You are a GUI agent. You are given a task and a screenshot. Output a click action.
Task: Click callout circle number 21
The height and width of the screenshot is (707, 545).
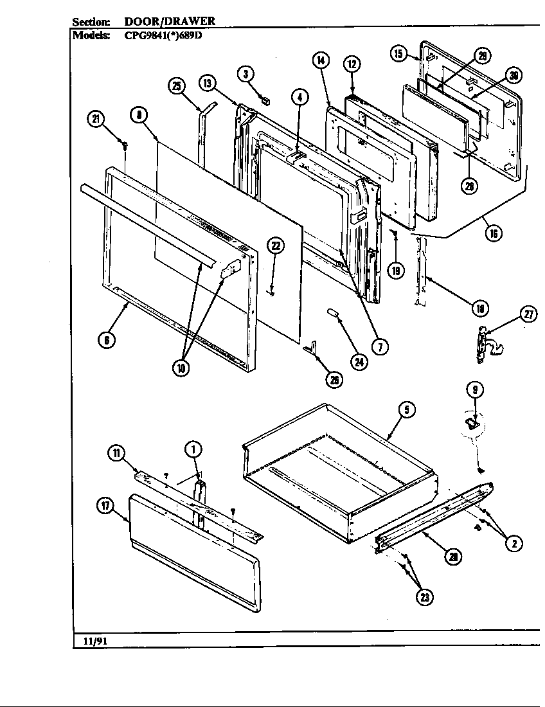tap(96, 118)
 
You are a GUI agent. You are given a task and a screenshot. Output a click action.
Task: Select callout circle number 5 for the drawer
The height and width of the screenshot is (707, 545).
tap(409, 409)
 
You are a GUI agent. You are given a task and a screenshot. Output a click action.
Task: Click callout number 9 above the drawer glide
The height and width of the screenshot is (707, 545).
tap(474, 389)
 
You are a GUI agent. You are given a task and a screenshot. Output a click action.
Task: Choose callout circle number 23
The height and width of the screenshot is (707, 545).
tap(424, 597)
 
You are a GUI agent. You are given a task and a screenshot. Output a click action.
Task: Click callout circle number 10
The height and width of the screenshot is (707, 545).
tap(182, 369)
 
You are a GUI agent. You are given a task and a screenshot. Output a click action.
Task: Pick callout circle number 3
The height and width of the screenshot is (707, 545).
tap(245, 74)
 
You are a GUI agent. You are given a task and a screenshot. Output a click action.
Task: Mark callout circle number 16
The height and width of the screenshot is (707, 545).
tap(494, 233)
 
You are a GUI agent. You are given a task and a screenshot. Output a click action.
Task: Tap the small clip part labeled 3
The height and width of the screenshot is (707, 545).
tap(264, 98)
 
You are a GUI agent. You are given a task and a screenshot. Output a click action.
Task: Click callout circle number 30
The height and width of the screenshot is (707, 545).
tap(513, 75)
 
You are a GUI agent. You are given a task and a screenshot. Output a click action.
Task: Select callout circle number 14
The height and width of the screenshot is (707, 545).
tap(321, 61)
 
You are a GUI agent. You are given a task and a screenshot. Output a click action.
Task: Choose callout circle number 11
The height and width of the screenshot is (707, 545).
tap(116, 453)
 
